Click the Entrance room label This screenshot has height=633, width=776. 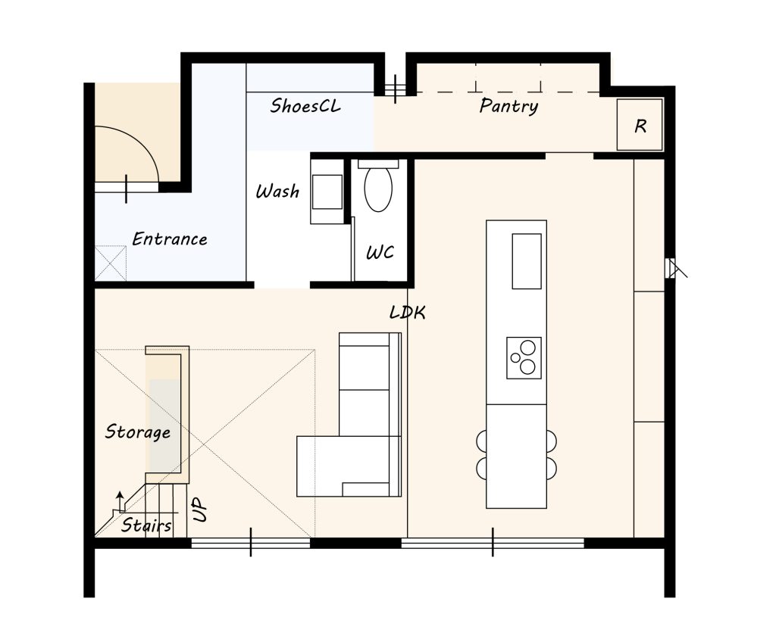pos(170,239)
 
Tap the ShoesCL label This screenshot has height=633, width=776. pos(305,105)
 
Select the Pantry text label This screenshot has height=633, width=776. pos(508,106)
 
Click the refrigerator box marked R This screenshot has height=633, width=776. pos(640,125)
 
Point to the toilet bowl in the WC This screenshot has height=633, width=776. pos(378,189)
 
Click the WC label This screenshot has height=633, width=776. pos(380,253)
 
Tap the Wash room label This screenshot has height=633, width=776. pos(277,191)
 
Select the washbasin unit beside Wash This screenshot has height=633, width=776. pos(327,192)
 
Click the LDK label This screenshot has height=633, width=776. pos(407,312)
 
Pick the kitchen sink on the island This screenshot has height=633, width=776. pos(527,261)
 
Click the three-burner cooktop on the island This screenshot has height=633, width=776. pos(524,358)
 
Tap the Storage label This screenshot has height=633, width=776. pos(138,432)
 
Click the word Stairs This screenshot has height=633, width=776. pos(146,525)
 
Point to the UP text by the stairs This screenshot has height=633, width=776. pos(199,510)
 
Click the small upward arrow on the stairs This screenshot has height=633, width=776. pos(119,501)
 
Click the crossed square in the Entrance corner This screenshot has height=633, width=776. pos(111,263)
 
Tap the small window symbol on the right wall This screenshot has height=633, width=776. pos(674,268)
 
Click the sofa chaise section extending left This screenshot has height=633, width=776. pos(320,466)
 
